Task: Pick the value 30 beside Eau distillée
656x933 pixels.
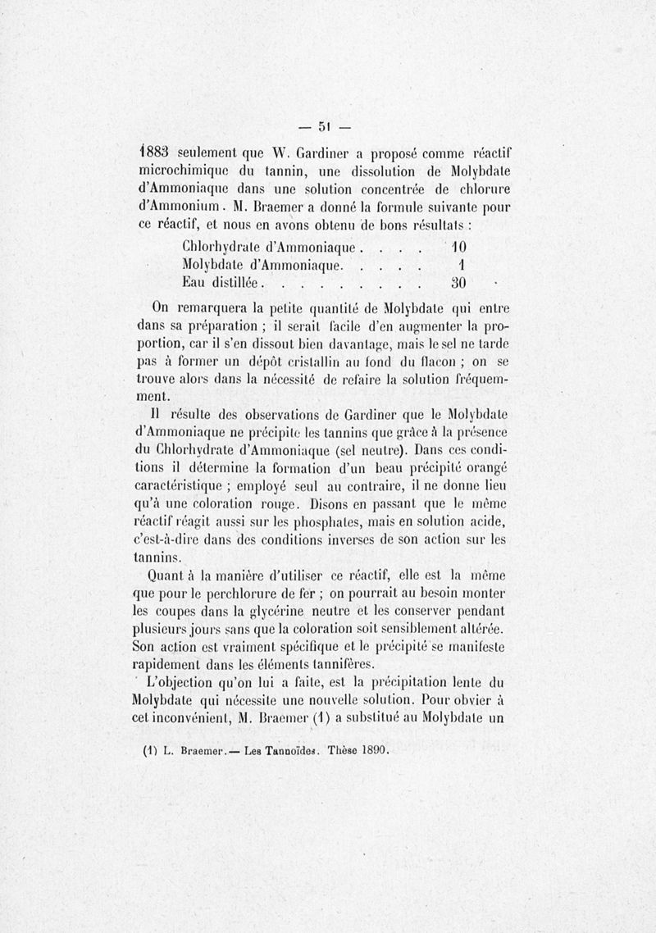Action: coord(458,284)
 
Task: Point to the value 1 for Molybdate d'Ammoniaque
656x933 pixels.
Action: coord(462,266)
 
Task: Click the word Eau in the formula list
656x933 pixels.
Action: coord(195,284)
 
